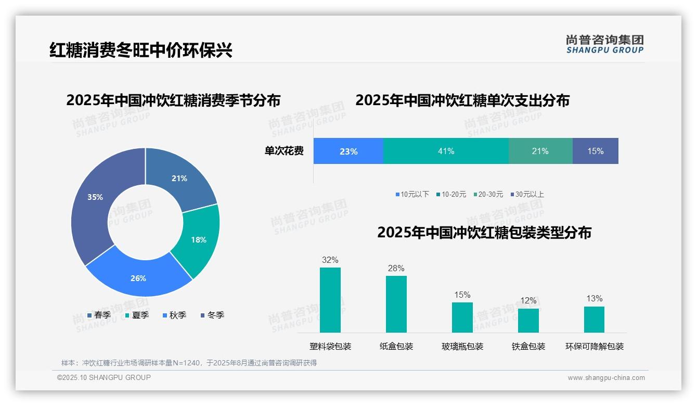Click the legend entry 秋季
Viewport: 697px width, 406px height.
pos(174,315)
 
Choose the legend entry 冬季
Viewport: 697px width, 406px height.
pos(212,315)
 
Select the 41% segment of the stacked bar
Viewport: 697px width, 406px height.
pos(446,151)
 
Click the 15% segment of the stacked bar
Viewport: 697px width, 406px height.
pos(595,151)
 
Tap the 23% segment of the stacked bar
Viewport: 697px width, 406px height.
pos(348,151)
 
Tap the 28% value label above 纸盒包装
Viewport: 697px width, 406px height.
pos(396,268)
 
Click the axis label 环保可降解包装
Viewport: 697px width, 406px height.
pos(594,346)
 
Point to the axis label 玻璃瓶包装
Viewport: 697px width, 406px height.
pos(462,346)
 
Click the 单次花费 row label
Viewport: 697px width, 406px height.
pos(284,151)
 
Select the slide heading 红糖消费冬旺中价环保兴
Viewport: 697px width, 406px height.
pos(140,50)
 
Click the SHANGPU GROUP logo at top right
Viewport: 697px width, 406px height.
pos(604,44)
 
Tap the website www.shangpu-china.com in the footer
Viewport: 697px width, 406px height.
pos(606,377)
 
